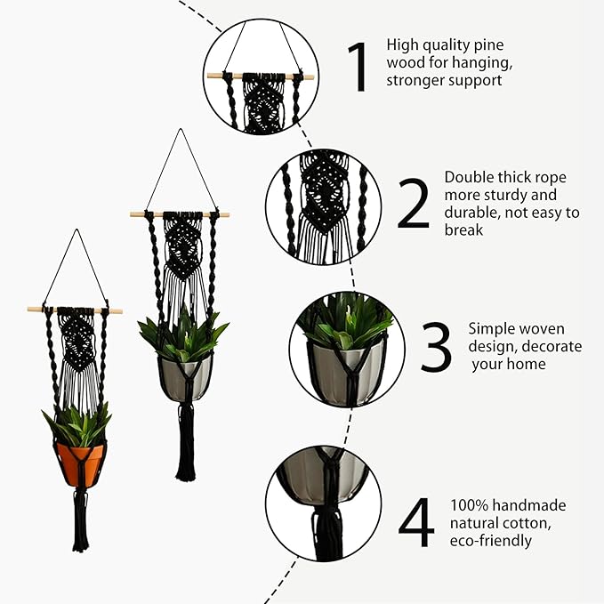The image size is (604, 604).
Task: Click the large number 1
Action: pos(358,67)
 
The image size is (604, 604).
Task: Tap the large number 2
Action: pos(413,204)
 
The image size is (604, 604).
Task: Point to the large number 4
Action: pos(416,522)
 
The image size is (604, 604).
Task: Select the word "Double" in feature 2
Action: pos(468,177)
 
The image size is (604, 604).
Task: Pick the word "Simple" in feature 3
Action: pos(493,329)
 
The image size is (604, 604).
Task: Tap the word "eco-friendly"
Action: pos(491,540)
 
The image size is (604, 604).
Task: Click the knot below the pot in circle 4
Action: pos(327,511)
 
